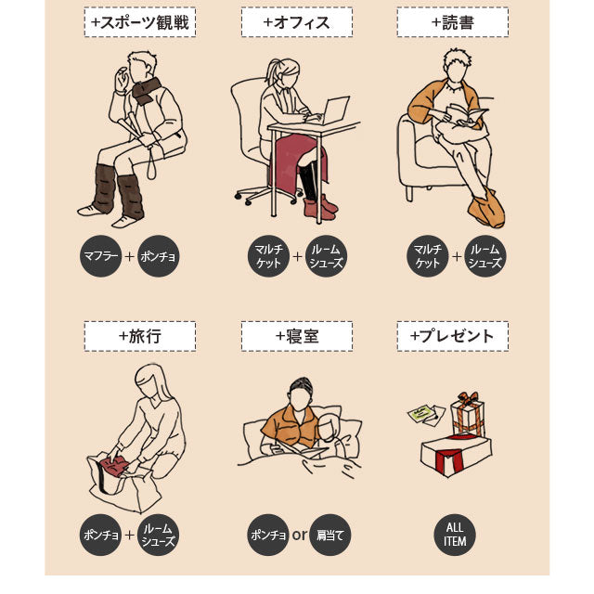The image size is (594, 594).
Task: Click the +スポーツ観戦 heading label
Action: point(139,22)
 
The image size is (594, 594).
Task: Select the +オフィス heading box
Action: point(296,22)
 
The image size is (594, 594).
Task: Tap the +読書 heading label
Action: point(452,22)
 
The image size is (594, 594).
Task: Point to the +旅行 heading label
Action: point(139,336)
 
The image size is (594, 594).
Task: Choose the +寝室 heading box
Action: point(296,336)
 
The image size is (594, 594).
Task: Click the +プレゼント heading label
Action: point(452,336)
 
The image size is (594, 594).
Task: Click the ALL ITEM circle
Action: point(455,535)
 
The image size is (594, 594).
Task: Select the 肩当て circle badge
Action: point(330,535)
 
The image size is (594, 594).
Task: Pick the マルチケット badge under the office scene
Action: point(269,255)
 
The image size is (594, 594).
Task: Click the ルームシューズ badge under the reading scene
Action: point(483,255)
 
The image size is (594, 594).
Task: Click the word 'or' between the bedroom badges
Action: point(299,535)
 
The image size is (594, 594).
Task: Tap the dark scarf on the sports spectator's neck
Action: point(146,90)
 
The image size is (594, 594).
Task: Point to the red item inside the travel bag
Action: point(114,467)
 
